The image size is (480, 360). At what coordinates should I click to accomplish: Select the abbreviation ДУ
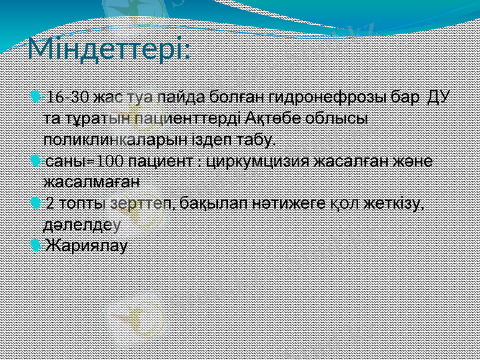click(x=440, y=97)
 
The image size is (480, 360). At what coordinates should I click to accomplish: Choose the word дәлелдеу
click(x=82, y=224)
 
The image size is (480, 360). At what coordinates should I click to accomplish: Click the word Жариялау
click(x=87, y=245)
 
